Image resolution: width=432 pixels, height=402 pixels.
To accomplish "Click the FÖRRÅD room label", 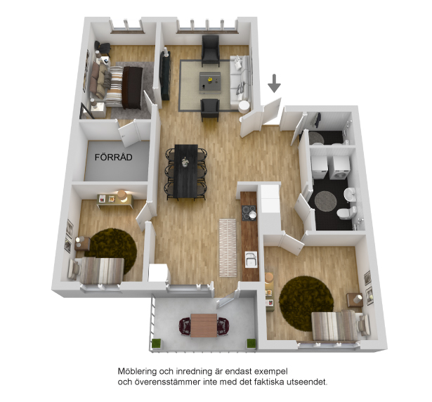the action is point(114,157).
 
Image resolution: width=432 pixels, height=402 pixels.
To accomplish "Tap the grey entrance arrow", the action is point(275,83).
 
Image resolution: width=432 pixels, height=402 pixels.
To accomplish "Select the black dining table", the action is point(186,171).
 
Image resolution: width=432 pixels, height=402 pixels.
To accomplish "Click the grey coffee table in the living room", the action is point(210,81).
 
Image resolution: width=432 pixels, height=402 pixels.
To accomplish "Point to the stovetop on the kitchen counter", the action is point(249,212).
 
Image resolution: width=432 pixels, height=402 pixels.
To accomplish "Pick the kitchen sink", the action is point(251,259).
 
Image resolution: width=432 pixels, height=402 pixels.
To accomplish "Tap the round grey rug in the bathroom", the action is point(326,201).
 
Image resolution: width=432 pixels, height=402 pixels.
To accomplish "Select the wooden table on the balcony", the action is point(204,325).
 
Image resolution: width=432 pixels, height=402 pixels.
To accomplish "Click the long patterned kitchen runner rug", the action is point(228,247).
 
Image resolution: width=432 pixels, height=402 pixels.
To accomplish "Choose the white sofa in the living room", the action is point(240,82).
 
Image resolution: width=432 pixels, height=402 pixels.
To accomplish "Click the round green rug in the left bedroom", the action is point(112,249).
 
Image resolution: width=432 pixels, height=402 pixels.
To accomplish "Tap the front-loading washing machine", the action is point(340,168).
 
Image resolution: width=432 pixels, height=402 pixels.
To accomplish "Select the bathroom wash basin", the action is point(350,194).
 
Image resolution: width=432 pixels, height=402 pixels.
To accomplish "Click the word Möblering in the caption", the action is point(137,371).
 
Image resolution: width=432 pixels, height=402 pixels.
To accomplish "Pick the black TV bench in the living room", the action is point(165,76).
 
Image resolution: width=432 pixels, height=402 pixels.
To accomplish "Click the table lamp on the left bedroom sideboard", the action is point(122,195).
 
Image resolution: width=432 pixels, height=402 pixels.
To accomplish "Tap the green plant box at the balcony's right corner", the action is point(251,344).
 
